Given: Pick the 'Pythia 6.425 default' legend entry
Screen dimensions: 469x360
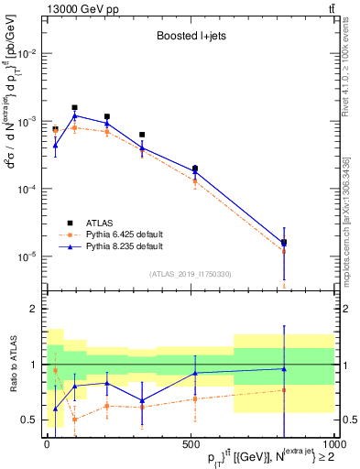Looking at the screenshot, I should [x=124, y=234].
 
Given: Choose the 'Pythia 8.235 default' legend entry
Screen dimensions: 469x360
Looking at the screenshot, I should [x=124, y=246].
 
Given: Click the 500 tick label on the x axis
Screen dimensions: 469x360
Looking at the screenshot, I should [x=190, y=444].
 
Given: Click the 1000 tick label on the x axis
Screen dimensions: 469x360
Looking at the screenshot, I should [x=332, y=444].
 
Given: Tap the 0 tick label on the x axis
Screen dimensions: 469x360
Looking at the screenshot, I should [x=47, y=444].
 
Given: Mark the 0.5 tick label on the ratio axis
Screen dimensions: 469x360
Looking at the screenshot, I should [x=28, y=420].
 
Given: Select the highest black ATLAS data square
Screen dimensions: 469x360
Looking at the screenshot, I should [x=75, y=107].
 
